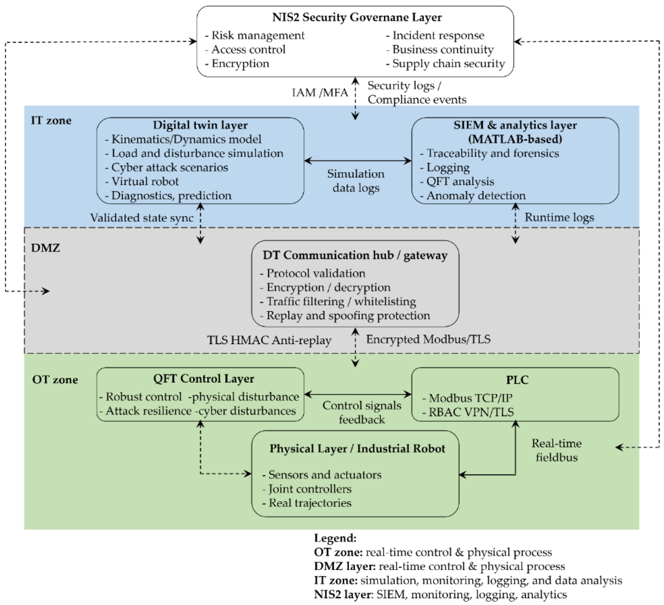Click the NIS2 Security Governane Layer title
pyautogui.click(x=357, y=17)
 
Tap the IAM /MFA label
pyautogui.click(x=320, y=93)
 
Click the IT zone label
pyautogui.click(x=51, y=121)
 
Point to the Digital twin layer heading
pyautogui.click(x=200, y=125)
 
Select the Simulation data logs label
pyautogui.click(x=355, y=181)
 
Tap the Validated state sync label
pyautogui.click(x=141, y=218)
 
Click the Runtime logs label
pyautogui.click(x=559, y=217)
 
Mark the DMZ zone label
pyautogui.click(x=45, y=248)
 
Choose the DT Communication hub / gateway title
pyautogui.click(x=355, y=255)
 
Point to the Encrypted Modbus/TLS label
pyautogui.click(x=428, y=339)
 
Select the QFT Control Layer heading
pyautogui.click(x=203, y=379)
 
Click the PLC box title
pyautogui.click(x=517, y=380)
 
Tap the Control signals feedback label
pyautogui.click(x=362, y=413)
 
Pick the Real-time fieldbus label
pyautogui.click(x=556, y=450)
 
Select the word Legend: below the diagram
pyautogui.click(x=335, y=538)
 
